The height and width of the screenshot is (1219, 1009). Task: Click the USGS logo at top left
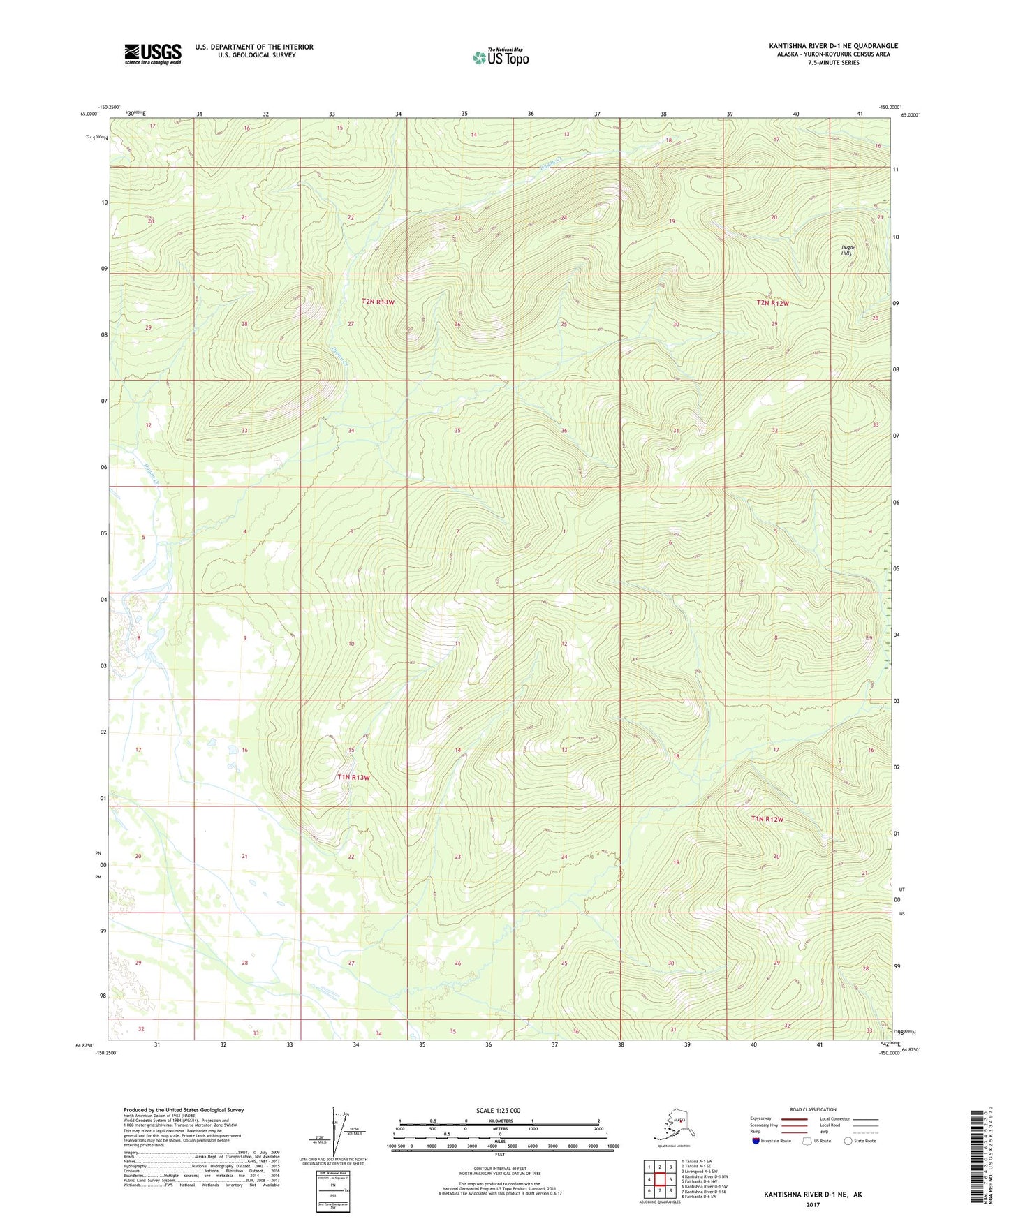(153, 54)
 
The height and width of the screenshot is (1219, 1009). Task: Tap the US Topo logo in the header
(500, 57)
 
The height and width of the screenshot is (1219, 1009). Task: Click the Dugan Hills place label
(846, 251)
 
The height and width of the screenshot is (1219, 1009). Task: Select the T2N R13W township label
(378, 302)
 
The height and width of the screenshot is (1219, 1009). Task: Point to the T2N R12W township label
(772, 303)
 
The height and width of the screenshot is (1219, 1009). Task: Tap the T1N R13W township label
(353, 777)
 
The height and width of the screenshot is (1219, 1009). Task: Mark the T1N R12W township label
(767, 819)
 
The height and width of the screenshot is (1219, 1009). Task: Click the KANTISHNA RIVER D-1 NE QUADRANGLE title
(833, 46)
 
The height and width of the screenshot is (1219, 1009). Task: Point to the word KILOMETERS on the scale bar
(499, 1121)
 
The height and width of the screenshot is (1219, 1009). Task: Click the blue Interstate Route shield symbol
(756, 1142)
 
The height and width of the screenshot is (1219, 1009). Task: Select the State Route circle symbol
(848, 1142)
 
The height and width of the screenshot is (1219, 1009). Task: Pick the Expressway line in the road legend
(794, 1118)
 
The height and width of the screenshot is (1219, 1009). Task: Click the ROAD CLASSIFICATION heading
(813, 1109)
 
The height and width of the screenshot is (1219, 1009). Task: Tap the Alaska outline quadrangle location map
(672, 1127)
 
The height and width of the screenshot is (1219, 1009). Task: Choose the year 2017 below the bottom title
(813, 1204)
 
